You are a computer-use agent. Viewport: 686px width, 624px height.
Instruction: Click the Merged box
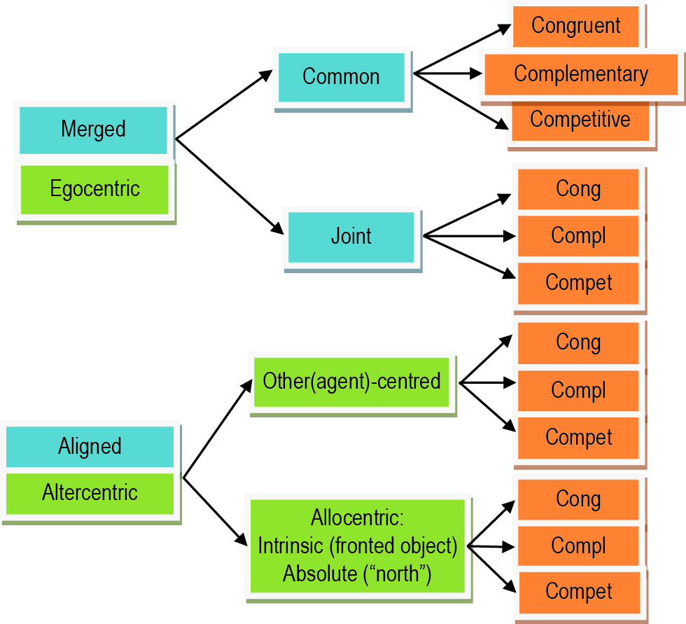93,130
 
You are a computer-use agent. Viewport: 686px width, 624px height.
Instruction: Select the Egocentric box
94,189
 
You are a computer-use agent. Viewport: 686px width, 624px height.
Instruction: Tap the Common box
341,77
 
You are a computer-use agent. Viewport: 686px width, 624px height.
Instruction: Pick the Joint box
351,237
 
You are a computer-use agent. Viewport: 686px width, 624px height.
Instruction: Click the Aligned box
90,447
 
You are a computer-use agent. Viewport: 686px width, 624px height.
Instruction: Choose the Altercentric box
90,493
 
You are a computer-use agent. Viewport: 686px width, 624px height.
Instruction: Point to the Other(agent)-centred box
351,382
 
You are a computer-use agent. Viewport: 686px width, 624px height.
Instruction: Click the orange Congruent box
575,26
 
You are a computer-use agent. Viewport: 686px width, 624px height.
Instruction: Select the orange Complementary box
580,74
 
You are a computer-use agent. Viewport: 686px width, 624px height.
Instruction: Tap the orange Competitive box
580,120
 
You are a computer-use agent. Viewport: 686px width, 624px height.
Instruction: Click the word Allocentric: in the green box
358,519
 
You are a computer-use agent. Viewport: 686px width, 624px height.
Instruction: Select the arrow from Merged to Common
223,105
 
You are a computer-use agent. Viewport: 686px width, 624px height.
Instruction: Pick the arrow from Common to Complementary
448,73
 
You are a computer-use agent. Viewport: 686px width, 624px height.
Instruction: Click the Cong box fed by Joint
578,189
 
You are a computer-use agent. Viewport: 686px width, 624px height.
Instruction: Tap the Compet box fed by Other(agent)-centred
578,438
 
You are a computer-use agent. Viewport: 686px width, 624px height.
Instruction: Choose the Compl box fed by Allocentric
578,546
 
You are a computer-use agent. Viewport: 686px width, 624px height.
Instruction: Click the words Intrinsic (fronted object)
358,546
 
